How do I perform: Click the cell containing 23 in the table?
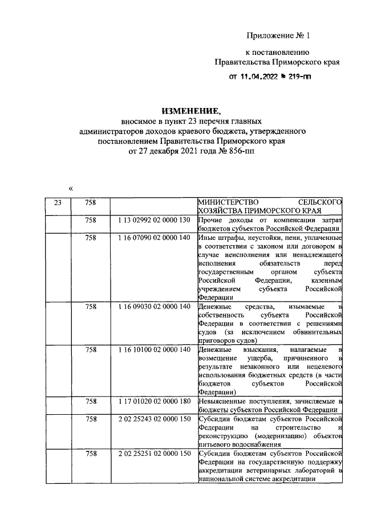point(58,202)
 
